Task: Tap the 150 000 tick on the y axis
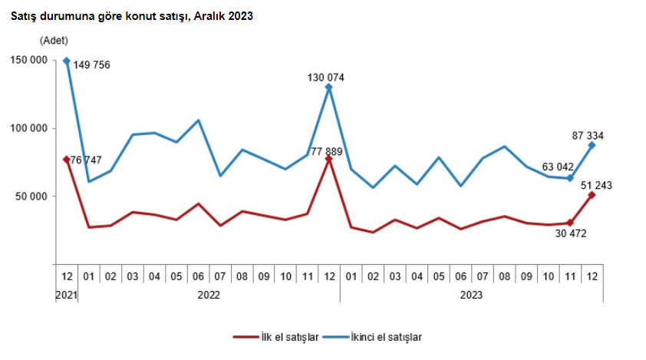[31, 60]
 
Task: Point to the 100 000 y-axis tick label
[31, 128]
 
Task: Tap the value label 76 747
[87, 160]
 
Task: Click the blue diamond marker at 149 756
[67, 61]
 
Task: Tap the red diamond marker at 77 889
[328, 158]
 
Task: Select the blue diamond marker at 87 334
[592, 145]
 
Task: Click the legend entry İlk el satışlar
[275, 336]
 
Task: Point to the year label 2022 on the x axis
[209, 294]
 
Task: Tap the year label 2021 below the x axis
[65, 294]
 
